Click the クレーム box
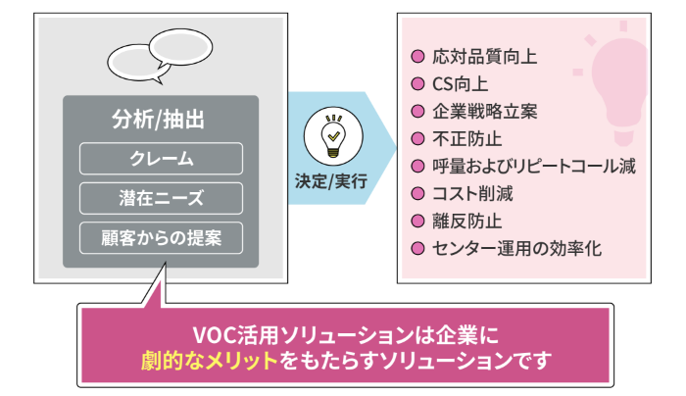click(x=161, y=159)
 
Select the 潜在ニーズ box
click(x=161, y=198)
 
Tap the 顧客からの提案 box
click(x=161, y=238)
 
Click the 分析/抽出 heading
click(x=158, y=120)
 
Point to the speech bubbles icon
click(x=160, y=56)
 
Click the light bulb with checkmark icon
click(x=333, y=136)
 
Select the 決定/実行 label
click(x=331, y=181)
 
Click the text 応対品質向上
click(x=484, y=57)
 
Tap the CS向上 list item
click(x=460, y=84)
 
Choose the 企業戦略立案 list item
click(x=484, y=112)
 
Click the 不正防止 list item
click(x=466, y=139)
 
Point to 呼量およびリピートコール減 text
click(x=534, y=167)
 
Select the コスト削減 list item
click(x=472, y=194)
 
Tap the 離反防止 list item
click(x=466, y=222)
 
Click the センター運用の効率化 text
click(x=516, y=249)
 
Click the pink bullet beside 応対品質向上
click(x=417, y=57)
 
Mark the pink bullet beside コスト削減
click(x=417, y=193)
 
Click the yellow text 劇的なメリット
click(x=210, y=361)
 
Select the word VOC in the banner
click(x=215, y=335)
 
